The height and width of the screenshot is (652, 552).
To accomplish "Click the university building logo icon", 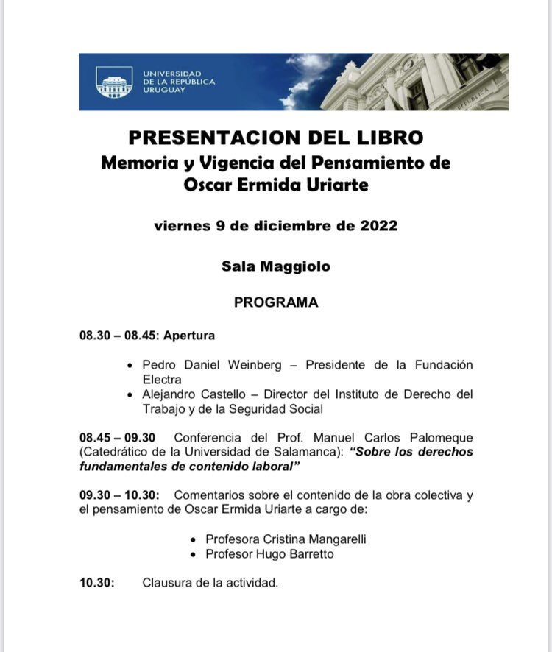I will point(115,82).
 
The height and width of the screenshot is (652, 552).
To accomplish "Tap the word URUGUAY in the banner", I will point(164,91).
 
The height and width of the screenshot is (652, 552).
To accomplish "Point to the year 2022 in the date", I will point(374,225).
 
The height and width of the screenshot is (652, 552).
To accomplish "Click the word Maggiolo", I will point(298,266).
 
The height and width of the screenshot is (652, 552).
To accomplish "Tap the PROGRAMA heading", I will point(276,302).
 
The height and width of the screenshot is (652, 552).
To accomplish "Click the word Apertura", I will point(189,336).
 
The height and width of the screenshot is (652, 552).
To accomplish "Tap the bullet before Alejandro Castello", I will point(130,395).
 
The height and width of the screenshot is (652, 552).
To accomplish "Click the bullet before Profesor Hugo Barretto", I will point(194,554).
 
